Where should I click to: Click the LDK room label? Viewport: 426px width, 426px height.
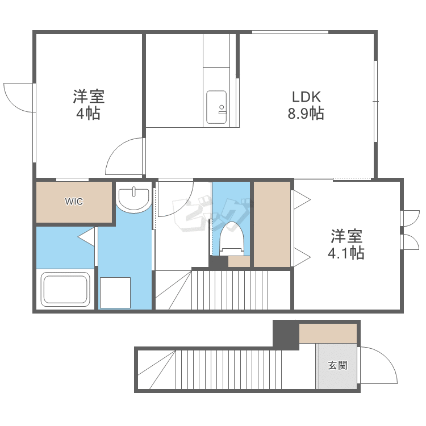pyautogui.click(x=306, y=97)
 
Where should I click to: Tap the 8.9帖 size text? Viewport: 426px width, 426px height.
pyautogui.click(x=306, y=113)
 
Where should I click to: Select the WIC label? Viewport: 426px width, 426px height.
pyautogui.click(x=74, y=201)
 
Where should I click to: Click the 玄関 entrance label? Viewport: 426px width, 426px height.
pyautogui.click(x=338, y=365)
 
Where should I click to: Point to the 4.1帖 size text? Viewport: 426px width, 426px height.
pyautogui.click(x=346, y=253)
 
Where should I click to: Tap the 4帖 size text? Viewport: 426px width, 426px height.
pyautogui.click(x=88, y=113)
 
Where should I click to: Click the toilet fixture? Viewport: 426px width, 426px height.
pyautogui.click(x=232, y=239)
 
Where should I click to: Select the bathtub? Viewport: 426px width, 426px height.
pyautogui.click(x=65, y=289)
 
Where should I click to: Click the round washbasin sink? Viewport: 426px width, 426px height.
pyautogui.click(x=133, y=197)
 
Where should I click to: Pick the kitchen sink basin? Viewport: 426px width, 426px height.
pyautogui.click(x=216, y=107)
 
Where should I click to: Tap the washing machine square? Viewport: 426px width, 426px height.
pyautogui.click(x=115, y=293)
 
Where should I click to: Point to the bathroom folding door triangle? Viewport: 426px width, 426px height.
pyautogui.click(x=86, y=237)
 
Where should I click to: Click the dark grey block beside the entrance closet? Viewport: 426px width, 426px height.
pyautogui.click(x=286, y=335)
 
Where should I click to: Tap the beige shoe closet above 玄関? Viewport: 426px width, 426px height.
pyautogui.click(x=328, y=333)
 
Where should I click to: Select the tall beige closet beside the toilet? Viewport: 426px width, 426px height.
pyautogui.click(x=272, y=224)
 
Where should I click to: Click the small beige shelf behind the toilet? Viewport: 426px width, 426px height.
pyautogui.click(x=239, y=261)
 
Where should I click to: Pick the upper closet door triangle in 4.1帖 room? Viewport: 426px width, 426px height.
pyautogui.click(x=302, y=200)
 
